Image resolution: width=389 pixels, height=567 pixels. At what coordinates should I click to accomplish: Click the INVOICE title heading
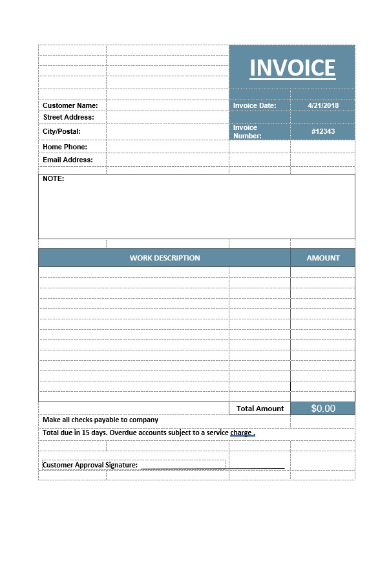(292, 68)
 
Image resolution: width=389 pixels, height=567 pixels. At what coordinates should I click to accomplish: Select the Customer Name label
(70, 105)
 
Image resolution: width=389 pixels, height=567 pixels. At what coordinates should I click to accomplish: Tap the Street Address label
(68, 117)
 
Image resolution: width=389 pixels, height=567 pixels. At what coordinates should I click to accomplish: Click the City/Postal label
(61, 131)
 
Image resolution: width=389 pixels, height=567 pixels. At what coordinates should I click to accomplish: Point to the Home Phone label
(65, 147)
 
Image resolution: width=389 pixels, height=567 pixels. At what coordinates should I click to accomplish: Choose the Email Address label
(68, 160)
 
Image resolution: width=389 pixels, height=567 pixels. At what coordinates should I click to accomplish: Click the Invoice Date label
(255, 105)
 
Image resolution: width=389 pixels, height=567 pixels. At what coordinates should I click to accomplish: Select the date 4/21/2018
(323, 105)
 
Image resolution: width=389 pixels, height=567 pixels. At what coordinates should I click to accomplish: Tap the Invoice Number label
(247, 132)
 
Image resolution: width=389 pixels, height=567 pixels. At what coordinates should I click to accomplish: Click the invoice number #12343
(323, 131)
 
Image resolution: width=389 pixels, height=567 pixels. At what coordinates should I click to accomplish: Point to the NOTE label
(54, 178)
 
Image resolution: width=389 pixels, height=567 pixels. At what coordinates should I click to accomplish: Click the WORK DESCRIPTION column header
(165, 258)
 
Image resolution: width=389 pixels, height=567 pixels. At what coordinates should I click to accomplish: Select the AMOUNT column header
(323, 258)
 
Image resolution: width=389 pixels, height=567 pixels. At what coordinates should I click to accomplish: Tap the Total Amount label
(260, 409)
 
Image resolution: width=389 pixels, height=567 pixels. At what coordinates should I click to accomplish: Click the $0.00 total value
(323, 409)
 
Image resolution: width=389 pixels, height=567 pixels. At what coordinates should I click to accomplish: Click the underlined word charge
(241, 433)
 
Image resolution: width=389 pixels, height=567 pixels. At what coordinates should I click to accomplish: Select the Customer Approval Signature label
(90, 465)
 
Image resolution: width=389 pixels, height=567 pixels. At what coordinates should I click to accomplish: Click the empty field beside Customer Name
(167, 105)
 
